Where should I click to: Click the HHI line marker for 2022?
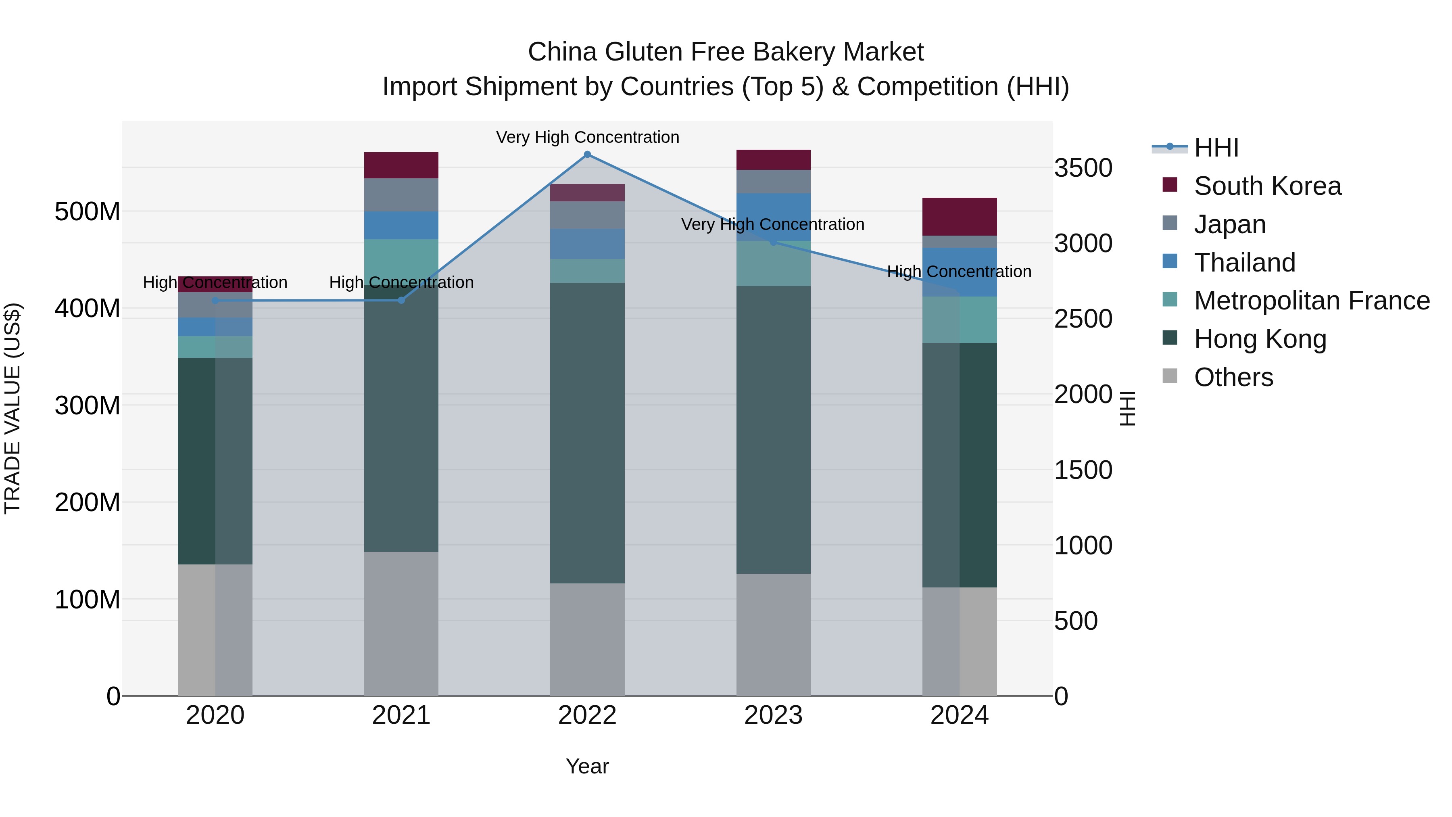click(587, 155)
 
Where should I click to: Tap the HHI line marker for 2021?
click(401, 301)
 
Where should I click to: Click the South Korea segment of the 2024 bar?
click(960, 217)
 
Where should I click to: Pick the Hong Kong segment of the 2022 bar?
click(587, 433)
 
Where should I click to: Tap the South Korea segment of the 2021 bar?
click(401, 165)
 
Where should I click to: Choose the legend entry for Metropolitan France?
click(1311, 301)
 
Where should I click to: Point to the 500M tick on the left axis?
click(88, 212)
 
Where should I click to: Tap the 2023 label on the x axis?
click(773, 715)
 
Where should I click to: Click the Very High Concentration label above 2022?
click(587, 137)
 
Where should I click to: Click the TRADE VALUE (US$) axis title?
click(13, 408)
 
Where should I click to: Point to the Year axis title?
click(587, 766)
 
